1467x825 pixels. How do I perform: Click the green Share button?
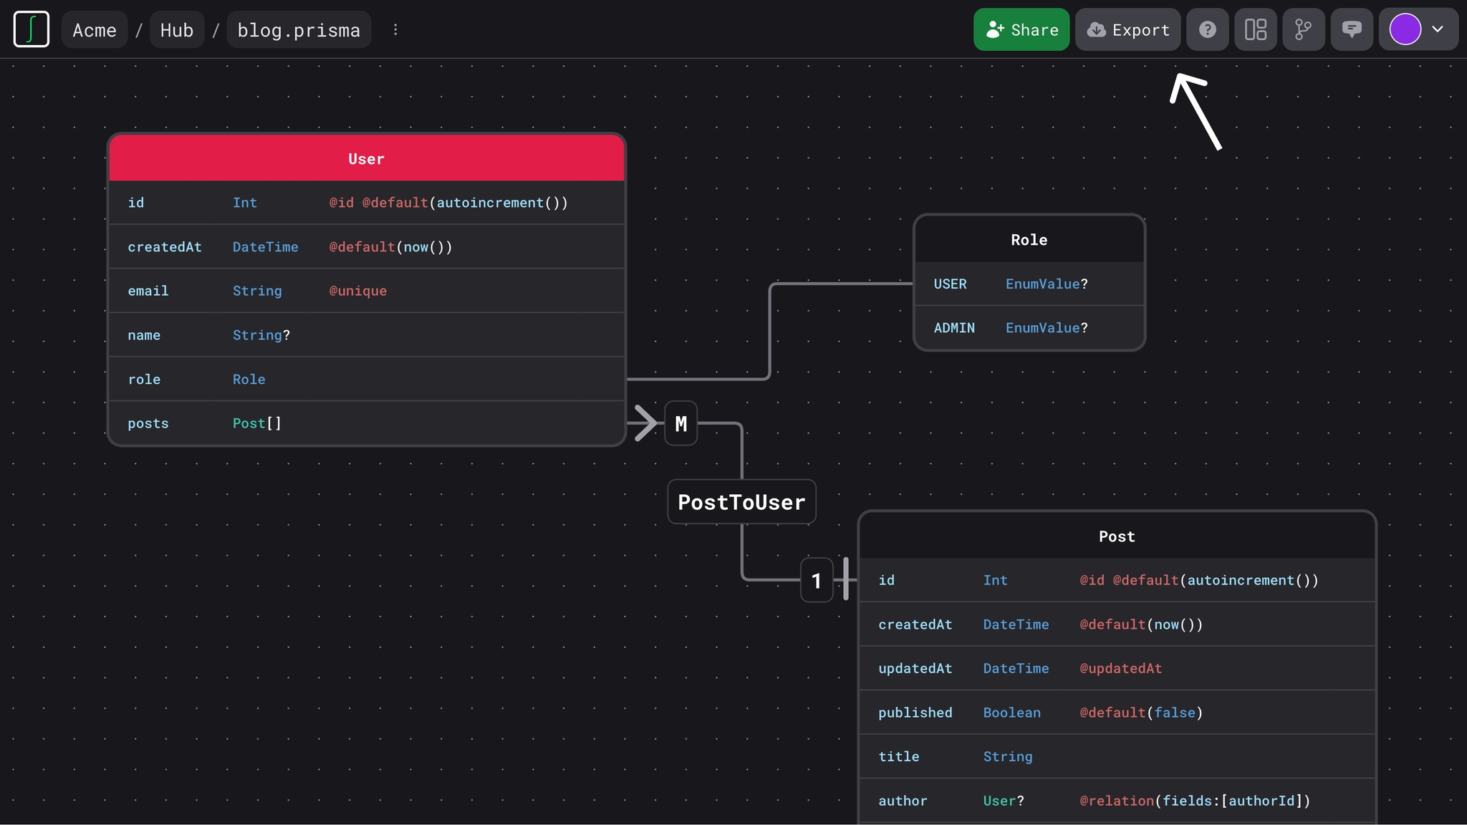click(1021, 29)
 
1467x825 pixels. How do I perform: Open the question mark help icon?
click(1207, 29)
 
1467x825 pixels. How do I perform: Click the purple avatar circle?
click(1405, 29)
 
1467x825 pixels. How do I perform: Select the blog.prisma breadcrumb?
click(299, 30)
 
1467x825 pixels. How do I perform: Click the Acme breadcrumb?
click(95, 30)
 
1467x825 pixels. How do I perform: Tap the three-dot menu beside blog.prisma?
click(395, 30)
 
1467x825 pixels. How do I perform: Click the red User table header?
click(366, 158)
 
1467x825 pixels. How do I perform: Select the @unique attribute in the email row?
click(357, 291)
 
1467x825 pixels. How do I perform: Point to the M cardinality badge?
click(680, 423)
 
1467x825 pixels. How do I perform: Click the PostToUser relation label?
click(741, 502)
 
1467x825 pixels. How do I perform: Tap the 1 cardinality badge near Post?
click(816, 580)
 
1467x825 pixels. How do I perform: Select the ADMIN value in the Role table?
click(954, 328)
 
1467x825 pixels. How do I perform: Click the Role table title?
click(1029, 240)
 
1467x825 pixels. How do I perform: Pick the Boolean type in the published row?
click(1011, 713)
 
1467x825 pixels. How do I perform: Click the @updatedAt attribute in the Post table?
click(1120, 668)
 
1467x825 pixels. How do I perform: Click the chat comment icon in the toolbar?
click(1351, 29)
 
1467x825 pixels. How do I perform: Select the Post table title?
click(1117, 536)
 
